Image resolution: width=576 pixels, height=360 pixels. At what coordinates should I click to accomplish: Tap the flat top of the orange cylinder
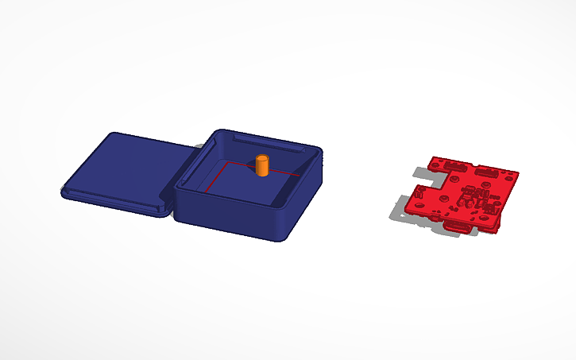[262, 159]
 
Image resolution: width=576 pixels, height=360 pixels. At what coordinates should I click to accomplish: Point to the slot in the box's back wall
[266, 144]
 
